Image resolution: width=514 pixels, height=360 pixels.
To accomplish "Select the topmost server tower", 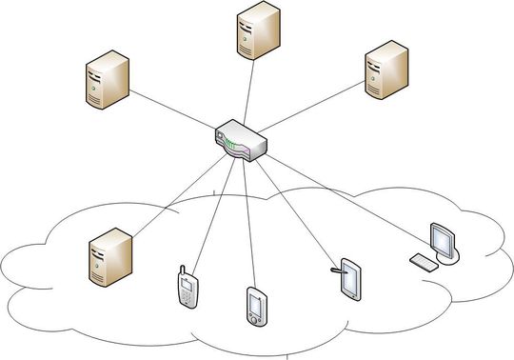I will point(257,30).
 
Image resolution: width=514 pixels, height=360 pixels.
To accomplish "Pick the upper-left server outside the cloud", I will point(107,79).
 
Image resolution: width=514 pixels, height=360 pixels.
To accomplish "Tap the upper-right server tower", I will point(387,71).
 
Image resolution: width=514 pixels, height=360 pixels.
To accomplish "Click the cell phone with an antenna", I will point(188,289).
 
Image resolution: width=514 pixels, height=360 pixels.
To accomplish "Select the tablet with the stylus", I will point(350,280).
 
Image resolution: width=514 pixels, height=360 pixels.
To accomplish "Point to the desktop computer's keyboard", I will point(425,259).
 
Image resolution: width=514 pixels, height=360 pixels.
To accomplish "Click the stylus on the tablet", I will point(336,270).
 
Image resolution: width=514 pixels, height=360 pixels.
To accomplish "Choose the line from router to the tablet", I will point(295,205).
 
